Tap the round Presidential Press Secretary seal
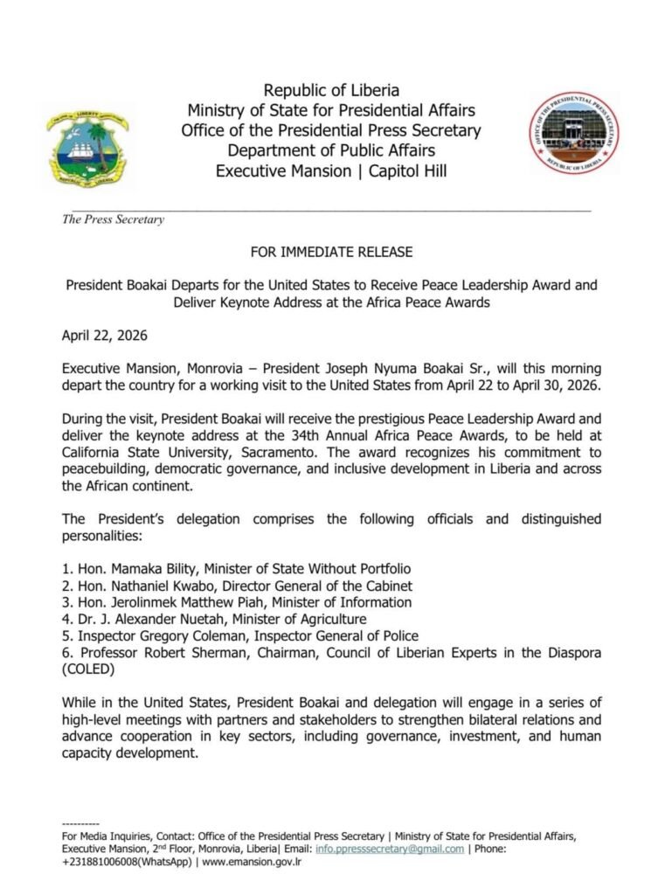coord(575,133)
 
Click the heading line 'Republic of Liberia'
coord(331,91)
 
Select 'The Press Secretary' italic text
coord(113,220)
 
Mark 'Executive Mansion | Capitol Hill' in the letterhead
coord(331,170)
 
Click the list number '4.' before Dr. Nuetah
coord(67,619)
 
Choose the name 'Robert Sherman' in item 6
coord(178,652)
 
